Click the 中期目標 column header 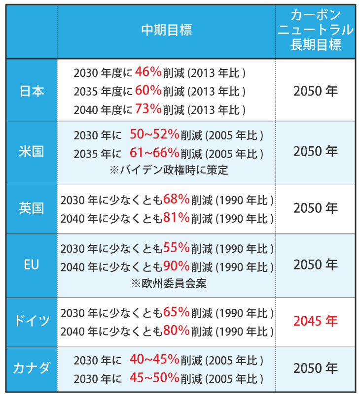(x=166, y=30)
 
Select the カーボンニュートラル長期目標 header (x=316, y=30)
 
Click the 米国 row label (x=32, y=151)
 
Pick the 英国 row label (x=32, y=208)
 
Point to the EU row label (x=32, y=265)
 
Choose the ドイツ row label (x=32, y=321)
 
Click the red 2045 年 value (x=316, y=321)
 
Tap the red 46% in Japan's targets (x=148, y=72)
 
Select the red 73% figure (x=148, y=109)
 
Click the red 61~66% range (x=154, y=153)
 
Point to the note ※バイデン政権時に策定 (x=169, y=170)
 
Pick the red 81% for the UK (x=176, y=217)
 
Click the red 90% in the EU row (x=176, y=266)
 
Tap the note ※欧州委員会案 (x=169, y=284)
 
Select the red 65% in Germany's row (x=176, y=312)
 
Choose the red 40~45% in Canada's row (x=154, y=360)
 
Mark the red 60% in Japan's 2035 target (x=148, y=91)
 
